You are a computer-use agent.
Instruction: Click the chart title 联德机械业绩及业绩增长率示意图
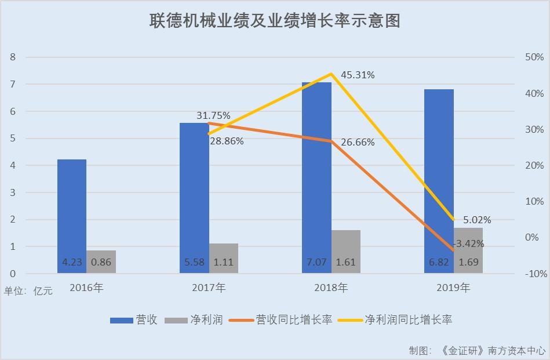pyautogui.click(x=275, y=21)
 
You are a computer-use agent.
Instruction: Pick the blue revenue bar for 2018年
pyautogui.click(x=316, y=174)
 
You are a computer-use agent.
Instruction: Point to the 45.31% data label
pyautogui.click(x=358, y=75)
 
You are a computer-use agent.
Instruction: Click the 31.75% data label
pyautogui.click(x=213, y=115)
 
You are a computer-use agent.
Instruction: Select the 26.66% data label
pyautogui.click(x=358, y=142)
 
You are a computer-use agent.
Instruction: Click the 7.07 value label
pyautogui.click(x=316, y=262)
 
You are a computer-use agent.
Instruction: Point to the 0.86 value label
pyautogui.click(x=101, y=262)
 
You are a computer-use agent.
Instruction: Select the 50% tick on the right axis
pyautogui.click(x=533, y=57)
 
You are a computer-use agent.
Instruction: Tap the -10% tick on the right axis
pyautogui.click(x=533, y=274)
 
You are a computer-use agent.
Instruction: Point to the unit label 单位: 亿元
pyautogui.click(x=28, y=291)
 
